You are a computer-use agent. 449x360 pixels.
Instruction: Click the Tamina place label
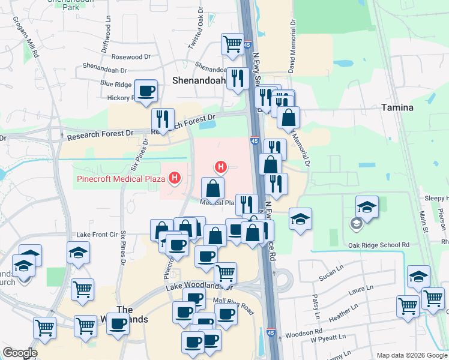pyautogui.click(x=397, y=107)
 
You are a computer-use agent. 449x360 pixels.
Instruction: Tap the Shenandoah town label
pyautogui.click(x=199, y=80)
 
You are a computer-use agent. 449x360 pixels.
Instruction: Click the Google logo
pyautogui.click(x=20, y=353)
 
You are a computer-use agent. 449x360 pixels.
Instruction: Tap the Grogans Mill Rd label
pyautogui.click(x=27, y=36)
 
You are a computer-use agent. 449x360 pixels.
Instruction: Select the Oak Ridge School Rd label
pyautogui.click(x=379, y=245)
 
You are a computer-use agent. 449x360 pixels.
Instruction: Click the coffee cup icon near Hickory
pyautogui.click(x=146, y=92)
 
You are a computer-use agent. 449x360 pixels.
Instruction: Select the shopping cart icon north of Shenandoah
pyautogui.click(x=232, y=44)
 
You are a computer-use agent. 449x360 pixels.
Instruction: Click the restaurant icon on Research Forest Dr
pyautogui.click(x=163, y=119)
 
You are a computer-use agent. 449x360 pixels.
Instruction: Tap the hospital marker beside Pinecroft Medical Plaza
pyautogui.click(x=175, y=178)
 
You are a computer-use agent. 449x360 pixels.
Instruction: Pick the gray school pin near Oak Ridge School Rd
pyautogui.click(x=356, y=224)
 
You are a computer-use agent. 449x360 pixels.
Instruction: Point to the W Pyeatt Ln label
pyautogui.click(x=330, y=341)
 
